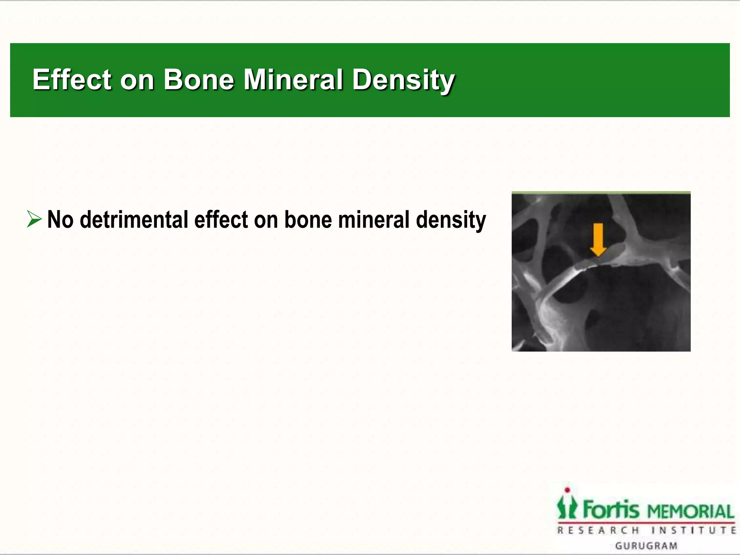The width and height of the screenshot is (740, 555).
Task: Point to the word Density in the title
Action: (x=403, y=80)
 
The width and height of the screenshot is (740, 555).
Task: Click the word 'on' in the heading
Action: (x=137, y=80)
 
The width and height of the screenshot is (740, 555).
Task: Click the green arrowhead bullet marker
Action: (x=34, y=220)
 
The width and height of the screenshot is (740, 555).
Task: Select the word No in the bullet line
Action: (x=60, y=220)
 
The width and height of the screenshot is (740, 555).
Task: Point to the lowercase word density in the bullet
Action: (x=451, y=220)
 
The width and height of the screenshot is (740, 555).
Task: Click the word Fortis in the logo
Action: (x=611, y=509)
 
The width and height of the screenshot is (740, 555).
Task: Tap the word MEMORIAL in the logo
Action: (x=690, y=512)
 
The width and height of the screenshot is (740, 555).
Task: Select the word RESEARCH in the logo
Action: (x=598, y=530)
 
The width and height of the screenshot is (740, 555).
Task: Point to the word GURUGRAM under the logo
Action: (x=646, y=546)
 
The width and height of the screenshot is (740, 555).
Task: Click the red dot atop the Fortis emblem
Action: (x=567, y=490)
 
